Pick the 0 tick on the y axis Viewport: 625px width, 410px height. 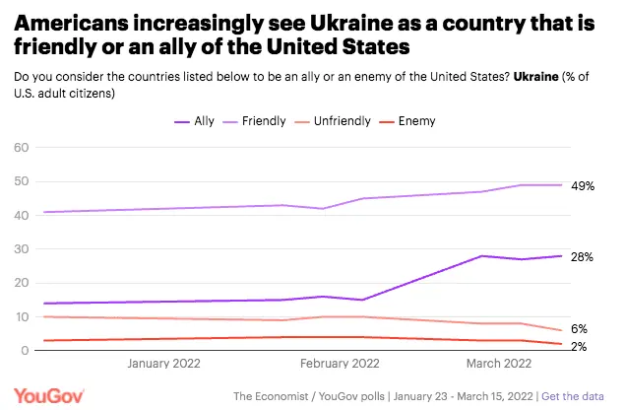(x=25, y=351)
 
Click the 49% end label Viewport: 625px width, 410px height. (x=583, y=185)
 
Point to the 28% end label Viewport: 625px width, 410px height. (x=583, y=256)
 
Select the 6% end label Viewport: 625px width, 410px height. (x=580, y=329)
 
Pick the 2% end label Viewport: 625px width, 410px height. (x=580, y=345)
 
